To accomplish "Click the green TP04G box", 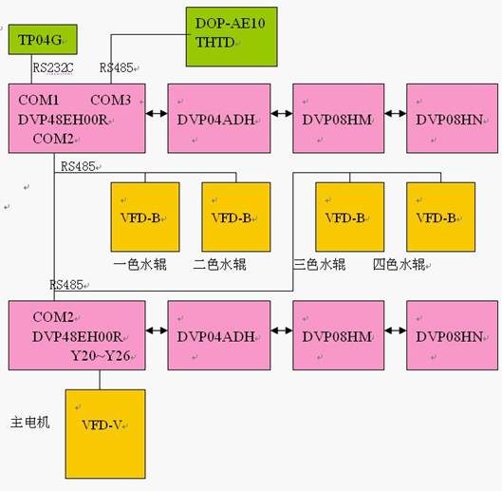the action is click(43, 40).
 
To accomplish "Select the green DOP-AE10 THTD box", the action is click(232, 37).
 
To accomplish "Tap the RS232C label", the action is click(53, 67).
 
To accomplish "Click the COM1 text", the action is click(39, 100).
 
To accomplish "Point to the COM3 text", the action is click(111, 100).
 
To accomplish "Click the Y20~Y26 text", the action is click(101, 356).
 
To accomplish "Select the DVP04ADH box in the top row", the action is click(219, 119).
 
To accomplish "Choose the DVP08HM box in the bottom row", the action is click(338, 335).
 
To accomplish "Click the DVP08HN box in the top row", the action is click(452, 119).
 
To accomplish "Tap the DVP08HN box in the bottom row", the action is click(452, 335).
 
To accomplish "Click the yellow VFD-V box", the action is click(105, 434).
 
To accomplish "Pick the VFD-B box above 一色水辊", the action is click(145, 217).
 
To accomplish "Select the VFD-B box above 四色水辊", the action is click(441, 217).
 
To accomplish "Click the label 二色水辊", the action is click(219, 265).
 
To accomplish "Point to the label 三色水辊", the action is click(320, 265).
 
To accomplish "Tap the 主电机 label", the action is click(30, 422).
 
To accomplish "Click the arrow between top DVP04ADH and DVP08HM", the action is click(282, 113).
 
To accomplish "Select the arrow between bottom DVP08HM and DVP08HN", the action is click(396, 330).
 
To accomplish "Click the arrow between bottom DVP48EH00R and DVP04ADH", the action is click(157, 330).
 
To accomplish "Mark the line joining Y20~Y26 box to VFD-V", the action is click(100, 380).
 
